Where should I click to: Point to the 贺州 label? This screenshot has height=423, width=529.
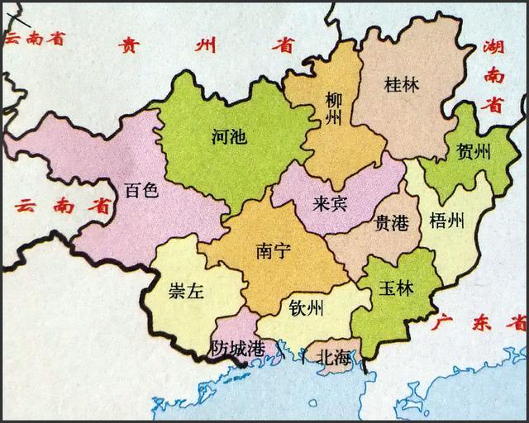click(468, 152)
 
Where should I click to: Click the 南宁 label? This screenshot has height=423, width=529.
click(274, 249)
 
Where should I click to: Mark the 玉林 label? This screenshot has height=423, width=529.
click(397, 290)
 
